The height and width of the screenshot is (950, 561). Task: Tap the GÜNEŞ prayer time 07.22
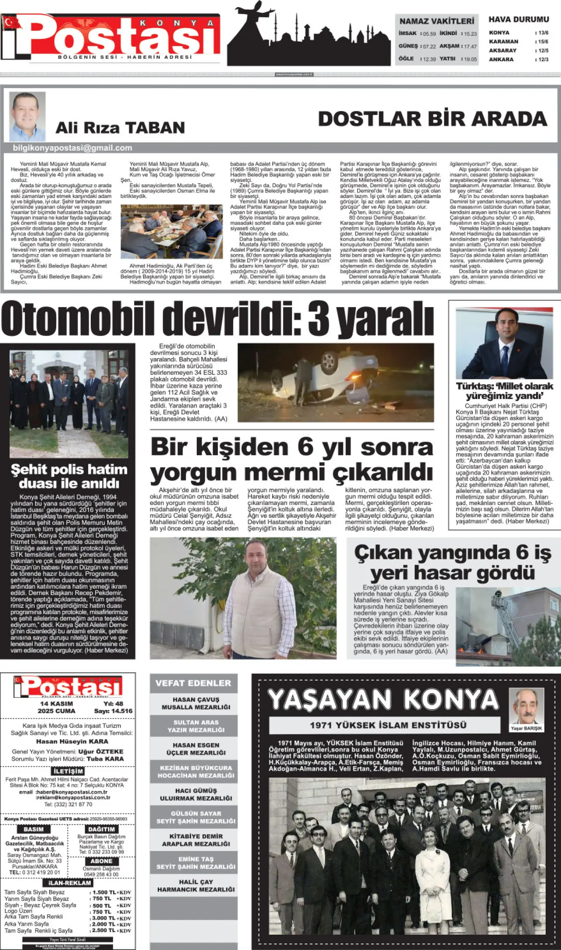[x=429, y=46]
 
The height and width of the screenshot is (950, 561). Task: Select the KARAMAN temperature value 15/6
[x=543, y=42]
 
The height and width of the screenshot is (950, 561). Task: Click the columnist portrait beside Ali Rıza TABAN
[x=27, y=116]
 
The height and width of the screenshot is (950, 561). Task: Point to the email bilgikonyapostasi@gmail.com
[x=72, y=148]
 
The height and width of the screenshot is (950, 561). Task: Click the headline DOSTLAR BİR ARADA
[x=433, y=119]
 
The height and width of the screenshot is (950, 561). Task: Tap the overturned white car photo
[x=336, y=382]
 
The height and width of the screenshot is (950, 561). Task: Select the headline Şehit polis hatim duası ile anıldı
[x=69, y=477]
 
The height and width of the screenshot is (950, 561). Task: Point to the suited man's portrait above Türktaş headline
[x=504, y=343]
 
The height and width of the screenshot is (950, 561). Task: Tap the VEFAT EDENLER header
[x=193, y=683]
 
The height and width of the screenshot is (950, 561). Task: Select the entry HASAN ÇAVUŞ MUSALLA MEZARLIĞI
[x=196, y=703]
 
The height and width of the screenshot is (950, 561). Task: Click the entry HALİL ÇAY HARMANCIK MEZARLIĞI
[x=196, y=886]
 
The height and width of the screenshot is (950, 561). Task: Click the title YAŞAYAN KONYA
[x=383, y=700]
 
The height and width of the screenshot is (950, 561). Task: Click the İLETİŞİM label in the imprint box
[x=68, y=771]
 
